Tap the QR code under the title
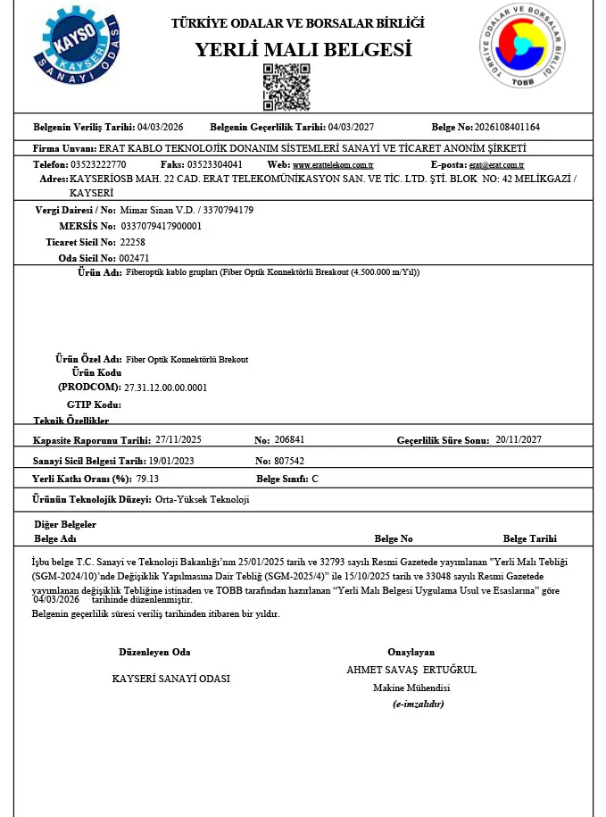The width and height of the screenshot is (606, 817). coord(286,87)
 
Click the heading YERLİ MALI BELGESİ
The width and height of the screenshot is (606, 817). coord(303,50)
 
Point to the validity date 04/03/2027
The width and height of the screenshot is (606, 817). coord(351,128)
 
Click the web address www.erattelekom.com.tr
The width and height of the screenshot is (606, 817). coord(333,165)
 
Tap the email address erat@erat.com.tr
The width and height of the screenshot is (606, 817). coord(496,165)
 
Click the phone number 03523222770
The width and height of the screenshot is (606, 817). coord(98,165)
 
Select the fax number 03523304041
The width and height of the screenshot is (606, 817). coord(214,165)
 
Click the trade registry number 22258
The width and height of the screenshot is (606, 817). coord(132,242)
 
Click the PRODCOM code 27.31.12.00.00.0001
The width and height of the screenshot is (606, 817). coord(165,388)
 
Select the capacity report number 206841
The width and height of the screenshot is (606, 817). coord(289,440)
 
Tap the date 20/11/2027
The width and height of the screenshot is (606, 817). coord(519,439)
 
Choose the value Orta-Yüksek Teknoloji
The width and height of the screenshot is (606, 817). coord(203,499)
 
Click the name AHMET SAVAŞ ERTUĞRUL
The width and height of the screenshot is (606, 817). coord(411,670)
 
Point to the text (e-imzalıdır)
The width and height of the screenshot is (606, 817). coord(418,704)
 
